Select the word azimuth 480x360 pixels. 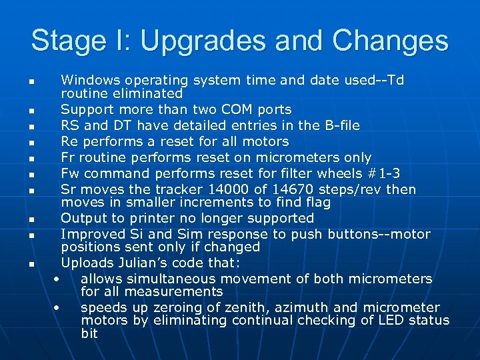(x=294, y=307)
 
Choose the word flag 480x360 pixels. (x=301, y=202)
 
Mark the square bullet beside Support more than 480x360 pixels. (x=31, y=110)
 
